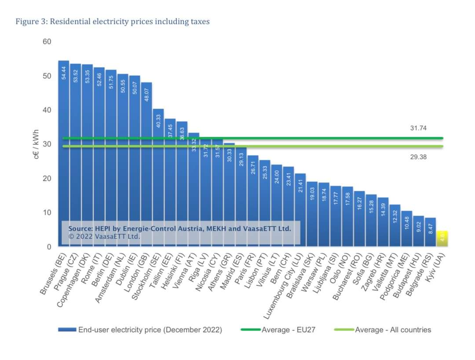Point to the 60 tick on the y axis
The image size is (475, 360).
[47, 42]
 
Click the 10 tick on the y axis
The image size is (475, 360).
[47, 213]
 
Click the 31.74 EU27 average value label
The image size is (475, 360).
[418, 128]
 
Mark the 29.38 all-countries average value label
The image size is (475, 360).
[418, 157]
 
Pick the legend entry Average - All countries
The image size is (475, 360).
[393, 330]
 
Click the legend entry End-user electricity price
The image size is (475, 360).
[150, 330]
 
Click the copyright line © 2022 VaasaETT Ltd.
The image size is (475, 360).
[105, 236]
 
